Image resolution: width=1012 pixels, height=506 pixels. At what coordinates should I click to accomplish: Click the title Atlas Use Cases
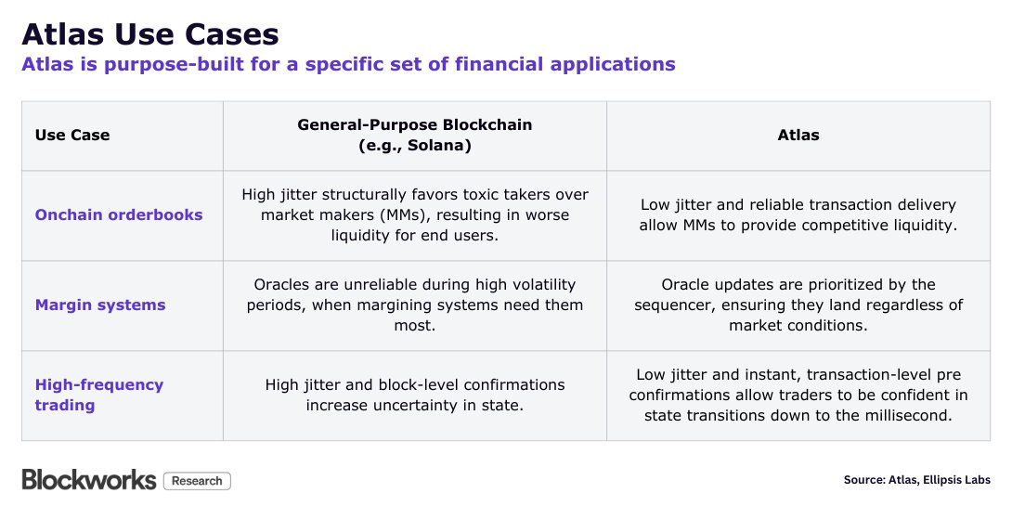coord(150,34)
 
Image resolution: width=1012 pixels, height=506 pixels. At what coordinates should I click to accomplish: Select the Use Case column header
coord(72,135)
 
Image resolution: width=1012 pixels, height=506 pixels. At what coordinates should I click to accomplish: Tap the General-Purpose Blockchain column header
coord(414,135)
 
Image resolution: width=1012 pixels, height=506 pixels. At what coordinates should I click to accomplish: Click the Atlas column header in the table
coord(798,135)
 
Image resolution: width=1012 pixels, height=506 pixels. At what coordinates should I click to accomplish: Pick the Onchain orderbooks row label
coord(119,214)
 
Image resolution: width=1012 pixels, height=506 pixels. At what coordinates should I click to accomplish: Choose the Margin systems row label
coord(100,305)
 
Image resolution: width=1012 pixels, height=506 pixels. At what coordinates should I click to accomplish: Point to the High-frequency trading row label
coord(98,395)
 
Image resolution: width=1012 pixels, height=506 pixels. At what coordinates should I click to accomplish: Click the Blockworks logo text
coord(89,479)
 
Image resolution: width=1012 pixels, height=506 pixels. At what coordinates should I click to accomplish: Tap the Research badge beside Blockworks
coord(197,481)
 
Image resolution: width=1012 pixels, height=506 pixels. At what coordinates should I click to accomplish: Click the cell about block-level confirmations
coord(414,395)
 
